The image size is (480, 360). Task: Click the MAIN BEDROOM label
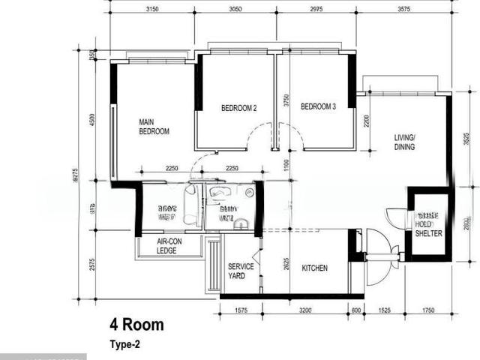tap(154, 126)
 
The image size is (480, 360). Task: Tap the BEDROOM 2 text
tap(238, 108)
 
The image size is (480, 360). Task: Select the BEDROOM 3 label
tap(318, 107)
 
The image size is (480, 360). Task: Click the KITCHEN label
tap(314, 268)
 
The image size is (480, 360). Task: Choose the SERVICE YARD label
tap(241, 271)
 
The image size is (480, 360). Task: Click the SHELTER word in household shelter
tap(428, 234)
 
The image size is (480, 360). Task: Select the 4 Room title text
tap(137, 325)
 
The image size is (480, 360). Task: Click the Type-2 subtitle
tap(124, 345)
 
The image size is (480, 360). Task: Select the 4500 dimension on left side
tap(92, 120)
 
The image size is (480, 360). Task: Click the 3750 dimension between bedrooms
tap(286, 101)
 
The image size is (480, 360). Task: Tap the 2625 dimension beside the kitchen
tap(286, 264)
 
